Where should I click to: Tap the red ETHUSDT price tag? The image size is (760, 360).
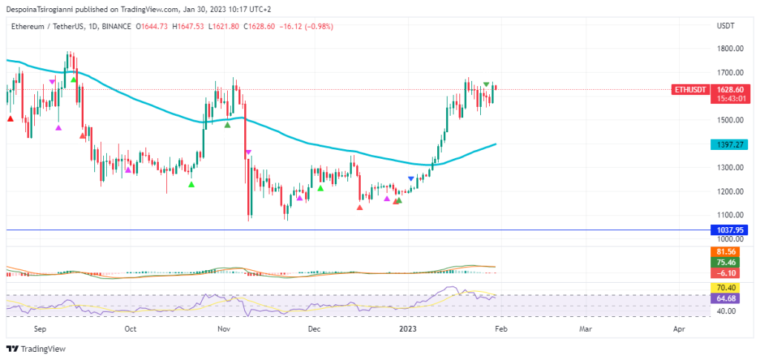click(x=690, y=90)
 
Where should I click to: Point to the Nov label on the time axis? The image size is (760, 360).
click(x=223, y=328)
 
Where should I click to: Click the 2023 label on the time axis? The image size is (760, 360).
click(x=407, y=328)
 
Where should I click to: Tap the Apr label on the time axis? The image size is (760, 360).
click(x=678, y=328)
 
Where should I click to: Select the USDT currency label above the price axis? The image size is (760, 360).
click(x=725, y=26)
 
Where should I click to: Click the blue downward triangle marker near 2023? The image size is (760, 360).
click(x=411, y=179)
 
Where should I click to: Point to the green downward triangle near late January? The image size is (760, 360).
click(x=486, y=85)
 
